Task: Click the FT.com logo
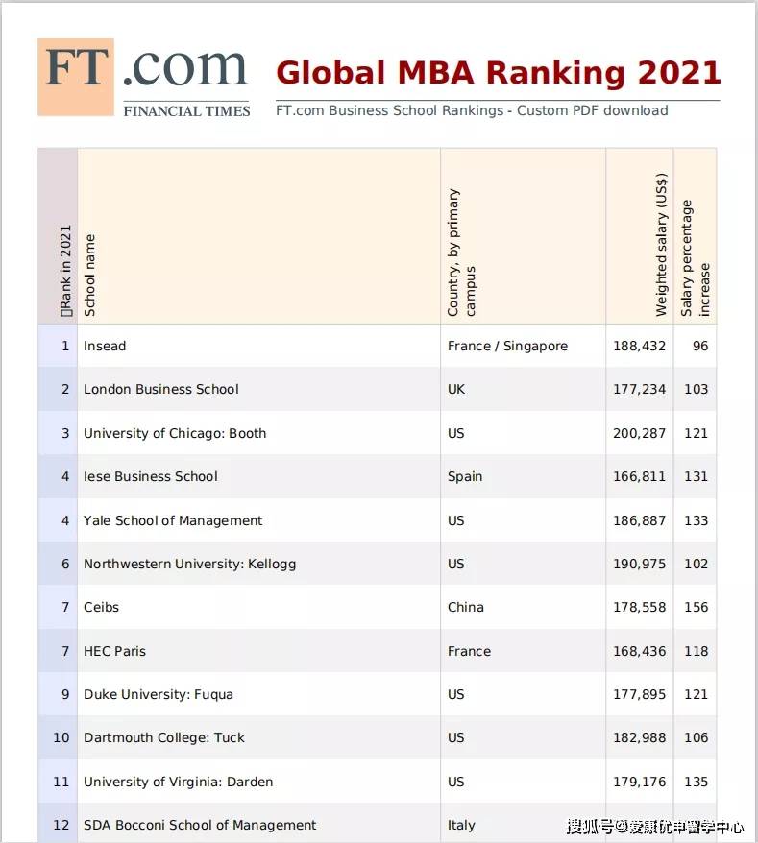pos(144,77)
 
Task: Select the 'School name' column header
pos(90,275)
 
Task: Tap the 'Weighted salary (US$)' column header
pos(661,245)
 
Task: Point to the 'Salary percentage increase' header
pos(696,257)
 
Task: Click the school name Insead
pos(105,346)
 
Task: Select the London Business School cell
pos(161,389)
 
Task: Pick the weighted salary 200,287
pos(639,433)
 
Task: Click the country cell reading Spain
pos(465,476)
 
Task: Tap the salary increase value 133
pos(696,520)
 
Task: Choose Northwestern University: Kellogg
pos(189,564)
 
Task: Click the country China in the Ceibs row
pos(466,607)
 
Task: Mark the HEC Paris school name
pos(114,651)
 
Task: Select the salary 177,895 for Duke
pos(639,694)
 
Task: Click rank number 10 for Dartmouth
pos(61,737)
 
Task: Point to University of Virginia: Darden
pos(178,782)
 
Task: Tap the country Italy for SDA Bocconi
pos(461,825)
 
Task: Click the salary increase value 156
pos(696,607)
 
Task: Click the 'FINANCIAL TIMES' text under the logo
pos(186,111)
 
